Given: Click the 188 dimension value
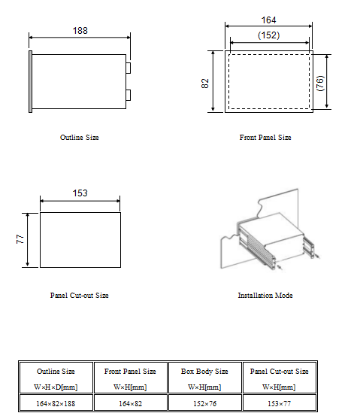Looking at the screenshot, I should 80,31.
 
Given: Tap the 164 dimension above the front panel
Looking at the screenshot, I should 269,20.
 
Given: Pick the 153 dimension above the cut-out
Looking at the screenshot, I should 80,193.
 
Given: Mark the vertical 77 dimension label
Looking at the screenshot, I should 20,239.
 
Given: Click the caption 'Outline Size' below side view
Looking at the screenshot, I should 80,138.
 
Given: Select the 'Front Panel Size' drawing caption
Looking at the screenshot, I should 265,138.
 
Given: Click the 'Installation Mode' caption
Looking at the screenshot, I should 265,296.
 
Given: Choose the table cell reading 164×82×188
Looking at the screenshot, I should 56,403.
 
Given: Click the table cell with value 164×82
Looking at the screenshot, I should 131,403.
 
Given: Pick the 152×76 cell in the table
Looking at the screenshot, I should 205,403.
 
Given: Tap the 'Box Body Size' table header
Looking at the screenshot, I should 205,372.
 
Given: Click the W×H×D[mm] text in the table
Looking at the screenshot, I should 56,387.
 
